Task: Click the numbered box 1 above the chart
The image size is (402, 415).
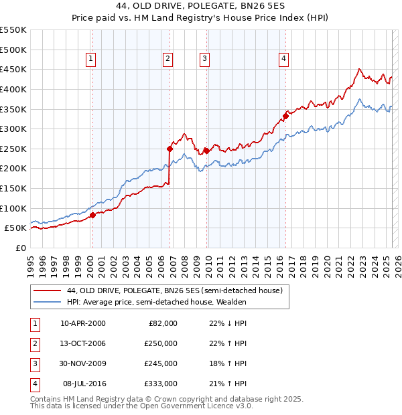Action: coord(91,59)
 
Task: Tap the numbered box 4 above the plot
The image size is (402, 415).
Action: coord(284,59)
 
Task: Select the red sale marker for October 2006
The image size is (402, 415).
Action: coord(170,149)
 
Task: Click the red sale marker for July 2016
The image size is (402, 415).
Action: coord(285,116)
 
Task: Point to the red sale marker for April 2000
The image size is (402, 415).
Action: coord(92,215)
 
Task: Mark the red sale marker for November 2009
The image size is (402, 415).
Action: coord(206,151)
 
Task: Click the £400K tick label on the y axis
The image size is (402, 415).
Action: coord(13,89)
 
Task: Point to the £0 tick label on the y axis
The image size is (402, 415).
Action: coord(21,248)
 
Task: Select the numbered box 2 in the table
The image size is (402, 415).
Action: coord(34,343)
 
